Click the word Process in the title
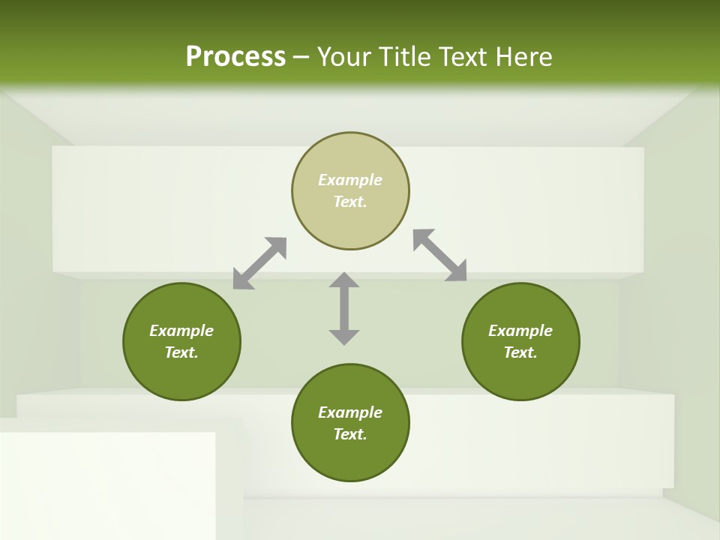click(x=235, y=57)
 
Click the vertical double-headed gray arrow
click(x=344, y=308)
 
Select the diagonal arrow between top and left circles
click(x=259, y=263)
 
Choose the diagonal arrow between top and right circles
click(x=439, y=255)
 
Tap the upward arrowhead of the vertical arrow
click(x=344, y=280)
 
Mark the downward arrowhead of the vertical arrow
click(x=344, y=336)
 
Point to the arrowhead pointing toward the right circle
click(x=457, y=271)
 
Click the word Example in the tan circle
click(x=350, y=180)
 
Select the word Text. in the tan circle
click(x=350, y=202)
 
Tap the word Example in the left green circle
click(x=181, y=331)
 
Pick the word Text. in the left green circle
click(x=181, y=352)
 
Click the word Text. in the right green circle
click(x=520, y=352)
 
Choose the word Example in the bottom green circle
click(x=350, y=412)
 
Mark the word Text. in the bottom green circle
click(x=350, y=434)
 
